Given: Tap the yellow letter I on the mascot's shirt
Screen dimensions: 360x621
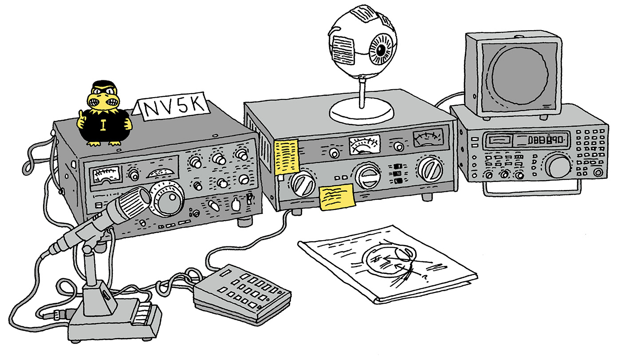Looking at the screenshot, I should click(x=103, y=126).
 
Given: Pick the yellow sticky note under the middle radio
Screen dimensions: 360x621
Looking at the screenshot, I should click(x=337, y=196).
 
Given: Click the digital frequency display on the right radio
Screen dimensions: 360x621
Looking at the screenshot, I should click(x=546, y=141).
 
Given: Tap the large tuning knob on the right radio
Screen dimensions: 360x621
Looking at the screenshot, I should click(x=558, y=167).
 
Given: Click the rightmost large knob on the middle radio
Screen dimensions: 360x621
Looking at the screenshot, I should click(x=429, y=169).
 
